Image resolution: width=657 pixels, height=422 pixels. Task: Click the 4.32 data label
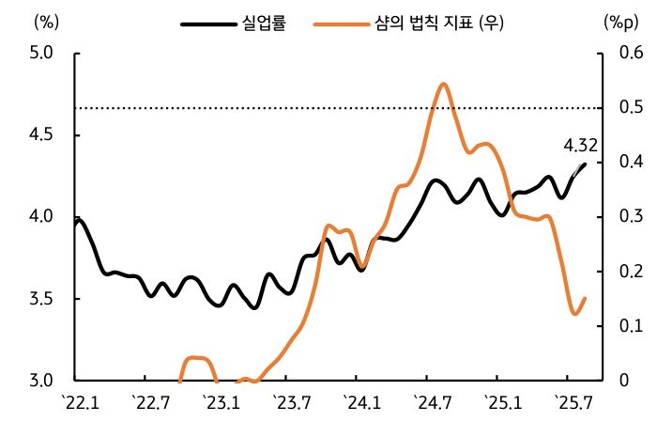point(581,146)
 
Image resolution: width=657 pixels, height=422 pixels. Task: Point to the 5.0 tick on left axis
point(40,54)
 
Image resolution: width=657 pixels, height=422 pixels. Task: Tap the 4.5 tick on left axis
point(40,135)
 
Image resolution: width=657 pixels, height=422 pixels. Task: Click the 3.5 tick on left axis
point(40,299)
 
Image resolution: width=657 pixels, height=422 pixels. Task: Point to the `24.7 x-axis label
point(432,403)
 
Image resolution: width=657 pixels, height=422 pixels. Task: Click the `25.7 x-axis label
point(573,403)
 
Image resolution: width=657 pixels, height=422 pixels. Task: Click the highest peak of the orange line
point(444,85)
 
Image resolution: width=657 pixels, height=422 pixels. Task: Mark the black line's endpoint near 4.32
point(585,164)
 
